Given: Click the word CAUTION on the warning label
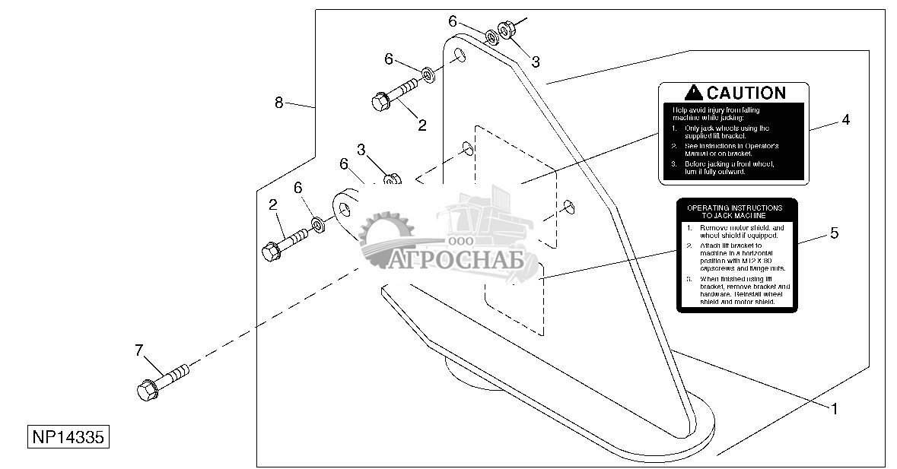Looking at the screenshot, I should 746,93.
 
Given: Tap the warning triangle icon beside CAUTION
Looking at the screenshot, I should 693,93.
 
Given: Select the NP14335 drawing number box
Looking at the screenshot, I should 68,439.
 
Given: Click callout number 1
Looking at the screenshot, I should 834,409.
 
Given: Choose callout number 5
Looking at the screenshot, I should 834,233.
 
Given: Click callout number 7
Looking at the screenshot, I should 138,350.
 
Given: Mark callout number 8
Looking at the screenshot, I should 279,103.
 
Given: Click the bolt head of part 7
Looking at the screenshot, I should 146,391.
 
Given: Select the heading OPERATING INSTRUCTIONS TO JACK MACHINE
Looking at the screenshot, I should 734,211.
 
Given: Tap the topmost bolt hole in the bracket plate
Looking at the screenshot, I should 460,55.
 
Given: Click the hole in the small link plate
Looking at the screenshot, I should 345,208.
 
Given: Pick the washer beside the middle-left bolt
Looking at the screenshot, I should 316,226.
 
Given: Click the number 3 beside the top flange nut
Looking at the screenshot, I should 536,62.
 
